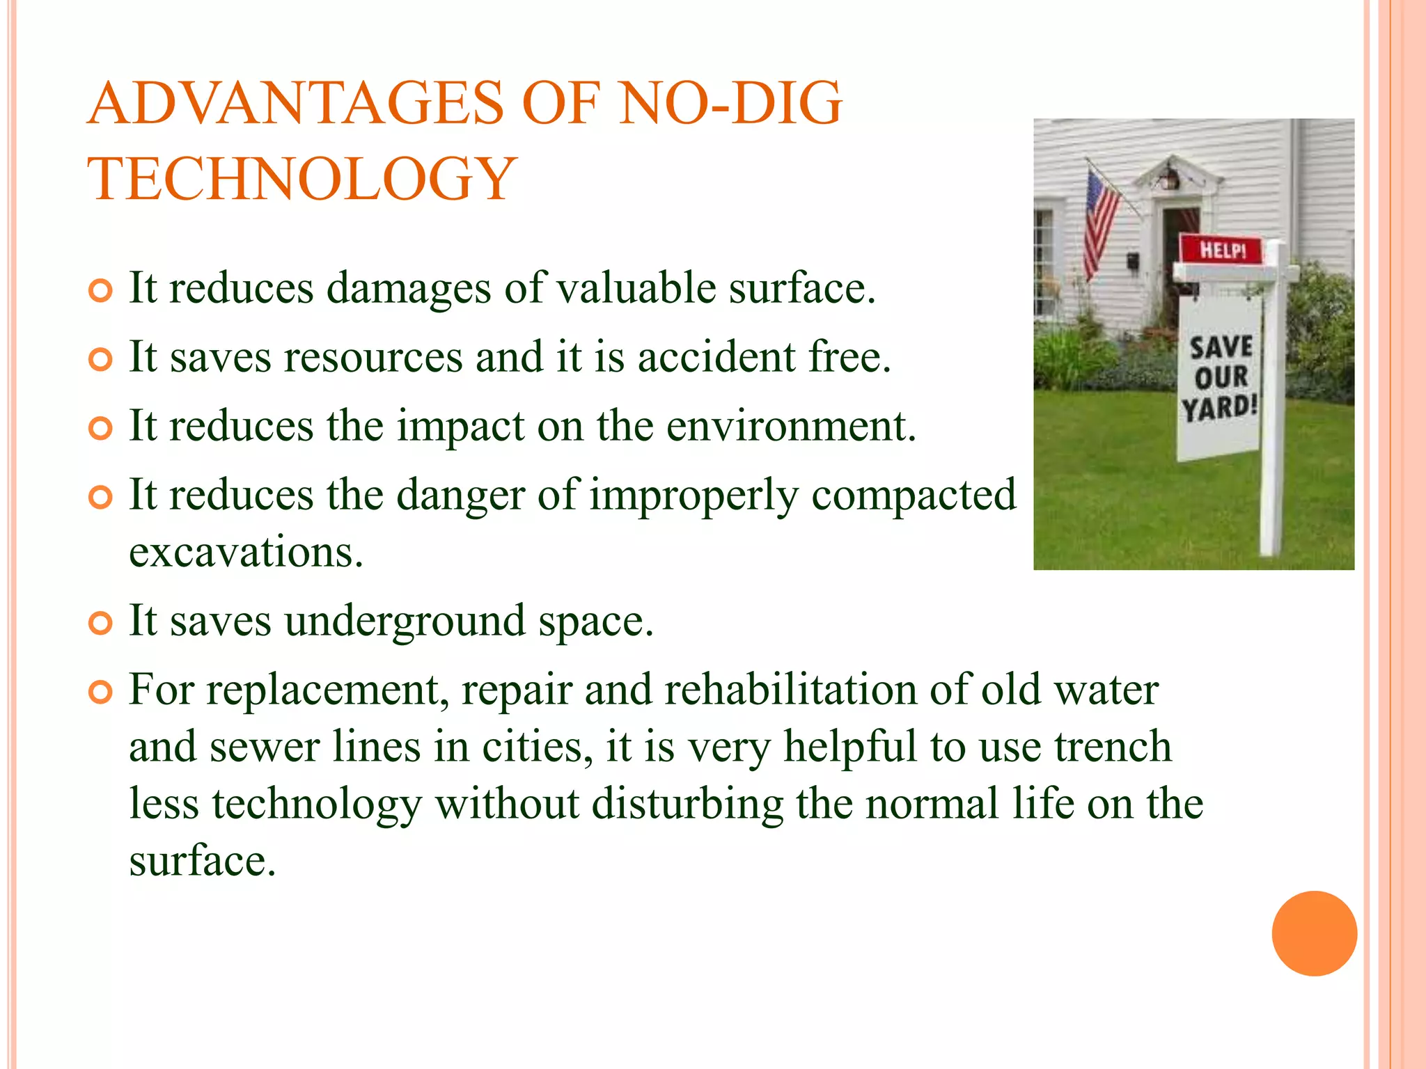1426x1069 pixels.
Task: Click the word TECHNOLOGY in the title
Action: click(301, 179)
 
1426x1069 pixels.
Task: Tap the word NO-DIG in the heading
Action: click(730, 104)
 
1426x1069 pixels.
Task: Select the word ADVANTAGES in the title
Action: click(295, 104)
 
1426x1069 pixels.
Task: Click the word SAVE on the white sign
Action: click(1221, 347)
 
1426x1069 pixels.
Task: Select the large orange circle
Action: click(1314, 933)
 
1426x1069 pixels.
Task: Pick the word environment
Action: click(791, 426)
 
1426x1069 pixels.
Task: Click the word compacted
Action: click(914, 496)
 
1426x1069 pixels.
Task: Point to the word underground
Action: click(405, 621)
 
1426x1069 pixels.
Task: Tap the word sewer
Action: click(265, 747)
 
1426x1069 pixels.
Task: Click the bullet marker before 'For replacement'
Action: click(101, 692)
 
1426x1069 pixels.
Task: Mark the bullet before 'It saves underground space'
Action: click(101, 623)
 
